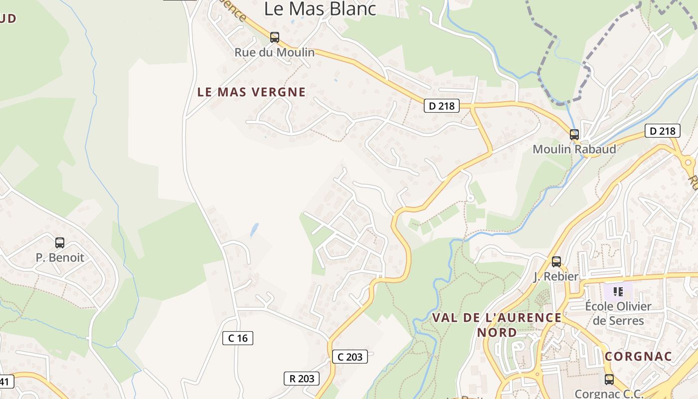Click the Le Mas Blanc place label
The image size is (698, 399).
(320, 8)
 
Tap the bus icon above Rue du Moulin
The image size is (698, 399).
(274, 37)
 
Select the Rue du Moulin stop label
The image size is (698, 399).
(275, 52)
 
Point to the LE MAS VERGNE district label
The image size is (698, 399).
(251, 92)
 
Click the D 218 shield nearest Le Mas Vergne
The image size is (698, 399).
(441, 106)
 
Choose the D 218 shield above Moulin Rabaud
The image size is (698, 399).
(662, 131)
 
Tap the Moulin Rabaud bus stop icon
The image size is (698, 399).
(574, 134)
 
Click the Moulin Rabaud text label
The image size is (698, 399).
(574, 149)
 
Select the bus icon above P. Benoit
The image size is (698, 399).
(60, 243)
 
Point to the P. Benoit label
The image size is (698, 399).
(60, 258)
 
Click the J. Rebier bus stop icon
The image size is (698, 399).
(556, 261)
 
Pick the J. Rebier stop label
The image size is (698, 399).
(556, 276)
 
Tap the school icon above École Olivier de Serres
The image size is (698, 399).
(618, 291)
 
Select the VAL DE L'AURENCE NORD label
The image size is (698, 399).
(497, 325)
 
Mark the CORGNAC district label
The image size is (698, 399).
(638, 357)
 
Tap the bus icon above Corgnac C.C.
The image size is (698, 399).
(609, 379)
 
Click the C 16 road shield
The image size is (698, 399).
(238, 338)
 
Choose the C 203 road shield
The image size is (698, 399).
(350, 357)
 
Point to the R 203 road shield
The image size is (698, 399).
(302, 379)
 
